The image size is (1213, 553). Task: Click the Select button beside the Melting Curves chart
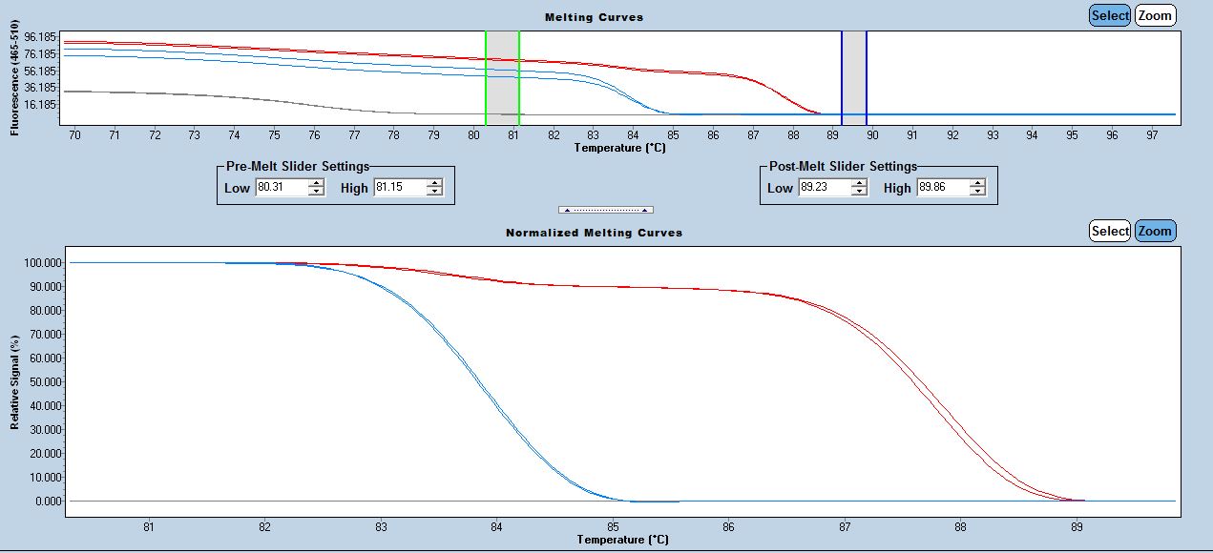[x=1110, y=15]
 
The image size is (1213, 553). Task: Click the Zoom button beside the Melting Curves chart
[x=1155, y=15]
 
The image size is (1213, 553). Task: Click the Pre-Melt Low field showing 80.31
[x=281, y=188]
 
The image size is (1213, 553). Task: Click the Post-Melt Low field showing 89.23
[x=824, y=188]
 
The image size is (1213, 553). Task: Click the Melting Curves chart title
[x=594, y=17]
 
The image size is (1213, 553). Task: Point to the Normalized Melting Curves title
[x=594, y=233]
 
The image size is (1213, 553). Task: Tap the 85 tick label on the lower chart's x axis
[x=613, y=525]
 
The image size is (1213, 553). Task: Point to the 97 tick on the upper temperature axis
[x=1151, y=135]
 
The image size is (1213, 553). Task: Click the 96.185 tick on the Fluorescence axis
[x=43, y=37]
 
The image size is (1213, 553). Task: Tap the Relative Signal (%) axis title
[x=15, y=381]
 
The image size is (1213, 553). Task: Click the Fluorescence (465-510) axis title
[x=15, y=83]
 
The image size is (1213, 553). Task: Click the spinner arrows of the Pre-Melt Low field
[x=317, y=188]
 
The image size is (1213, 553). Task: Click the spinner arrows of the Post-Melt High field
[x=977, y=188]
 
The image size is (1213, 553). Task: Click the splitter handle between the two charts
[x=605, y=210]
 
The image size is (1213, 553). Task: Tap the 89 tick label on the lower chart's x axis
[x=1077, y=525]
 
